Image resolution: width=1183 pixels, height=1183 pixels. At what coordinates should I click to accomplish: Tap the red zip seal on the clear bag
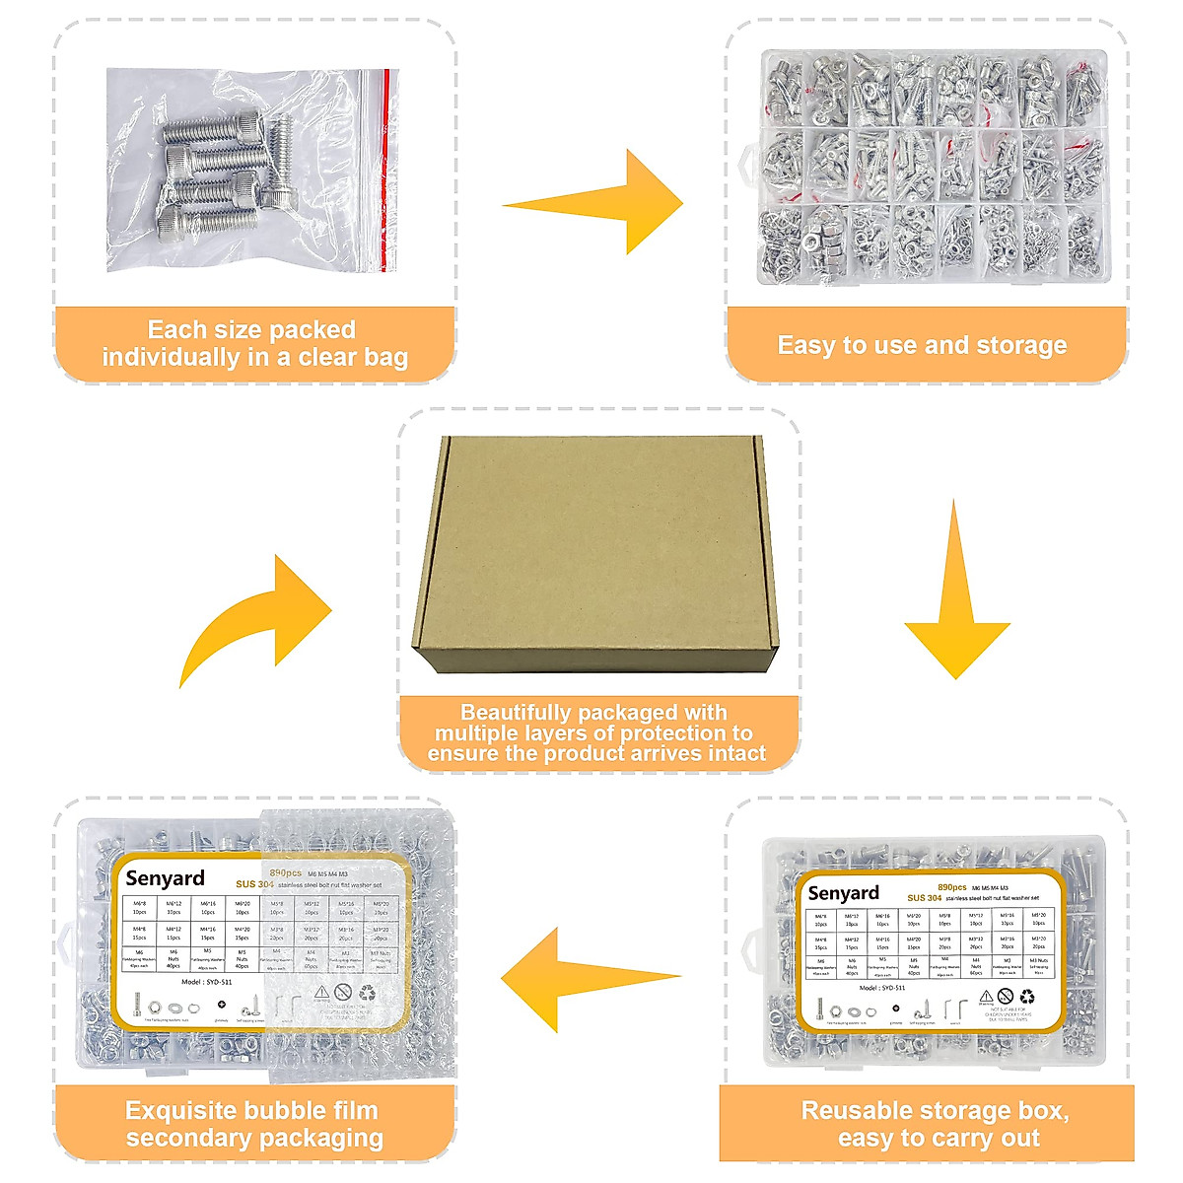pyautogui.click(x=384, y=168)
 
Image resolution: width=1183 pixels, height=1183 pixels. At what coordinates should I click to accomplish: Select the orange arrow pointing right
pyautogui.click(x=601, y=203)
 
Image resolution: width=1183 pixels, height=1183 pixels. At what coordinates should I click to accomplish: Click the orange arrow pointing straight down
pyautogui.click(x=955, y=601)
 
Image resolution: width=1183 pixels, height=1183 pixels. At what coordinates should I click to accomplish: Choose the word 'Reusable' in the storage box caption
pyautogui.click(x=854, y=1111)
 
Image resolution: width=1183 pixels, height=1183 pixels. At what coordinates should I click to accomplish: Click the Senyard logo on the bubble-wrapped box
pyautogui.click(x=166, y=878)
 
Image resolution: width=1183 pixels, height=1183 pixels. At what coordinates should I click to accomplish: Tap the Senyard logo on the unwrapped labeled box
pyautogui.click(x=843, y=893)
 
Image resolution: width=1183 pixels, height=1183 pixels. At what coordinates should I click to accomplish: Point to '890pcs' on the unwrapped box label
pyautogui.click(x=951, y=887)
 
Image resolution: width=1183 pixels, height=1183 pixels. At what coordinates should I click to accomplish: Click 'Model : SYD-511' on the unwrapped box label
pyautogui.click(x=882, y=987)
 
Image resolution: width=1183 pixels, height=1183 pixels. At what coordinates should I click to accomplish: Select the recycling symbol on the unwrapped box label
pyautogui.click(x=1027, y=998)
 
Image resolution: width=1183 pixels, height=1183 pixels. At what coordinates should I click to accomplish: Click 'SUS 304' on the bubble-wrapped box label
pyautogui.click(x=254, y=884)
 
